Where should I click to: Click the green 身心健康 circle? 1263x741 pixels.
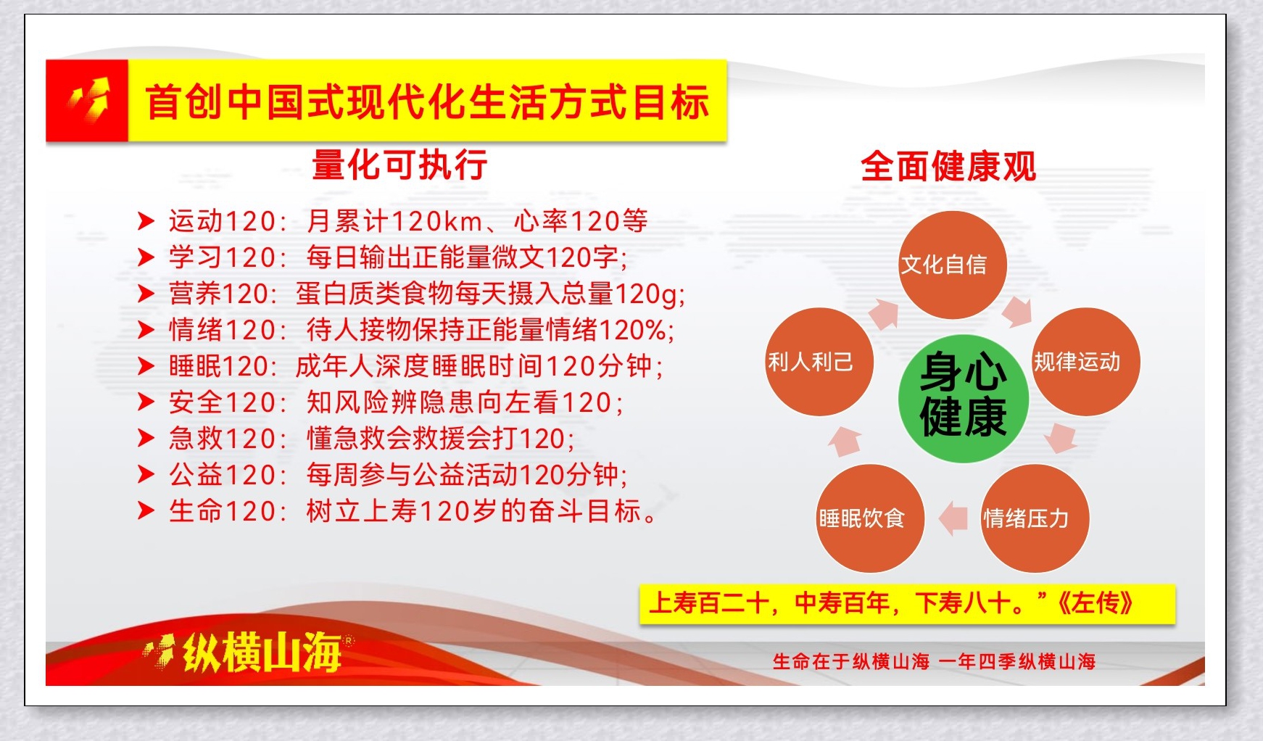[962, 398]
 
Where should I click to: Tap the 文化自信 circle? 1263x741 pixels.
[952, 265]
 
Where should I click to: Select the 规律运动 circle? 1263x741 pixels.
[1086, 362]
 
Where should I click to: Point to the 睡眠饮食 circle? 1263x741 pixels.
[870, 518]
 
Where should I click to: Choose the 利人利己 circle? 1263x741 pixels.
[819, 362]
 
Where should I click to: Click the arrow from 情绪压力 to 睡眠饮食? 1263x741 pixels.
[953, 518]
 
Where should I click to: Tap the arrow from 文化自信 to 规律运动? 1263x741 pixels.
[1017, 311]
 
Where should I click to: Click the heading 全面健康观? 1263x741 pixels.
[948, 167]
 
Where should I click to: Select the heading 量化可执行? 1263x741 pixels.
[399, 165]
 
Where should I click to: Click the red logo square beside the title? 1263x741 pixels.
[87, 100]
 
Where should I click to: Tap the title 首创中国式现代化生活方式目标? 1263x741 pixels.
[427, 101]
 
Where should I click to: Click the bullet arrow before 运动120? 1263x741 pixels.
[146, 221]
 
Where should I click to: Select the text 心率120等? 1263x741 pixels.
[581, 221]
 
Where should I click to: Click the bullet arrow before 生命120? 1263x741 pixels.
[146, 511]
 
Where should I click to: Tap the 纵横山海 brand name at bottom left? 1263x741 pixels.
[262, 653]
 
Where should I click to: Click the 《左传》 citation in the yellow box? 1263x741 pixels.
[1095, 603]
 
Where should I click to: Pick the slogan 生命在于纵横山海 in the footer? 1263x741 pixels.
[851, 661]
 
